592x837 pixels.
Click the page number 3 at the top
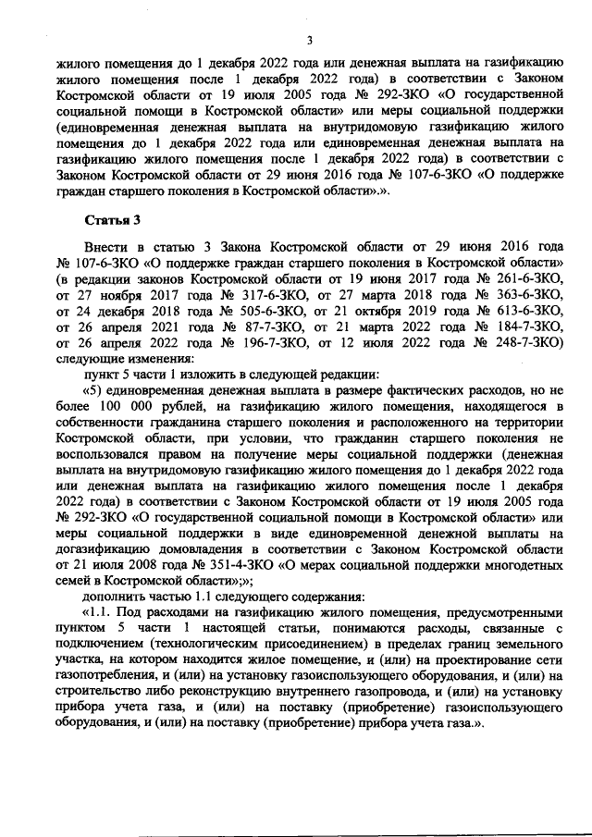[310, 39]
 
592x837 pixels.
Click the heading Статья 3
[112, 221]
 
